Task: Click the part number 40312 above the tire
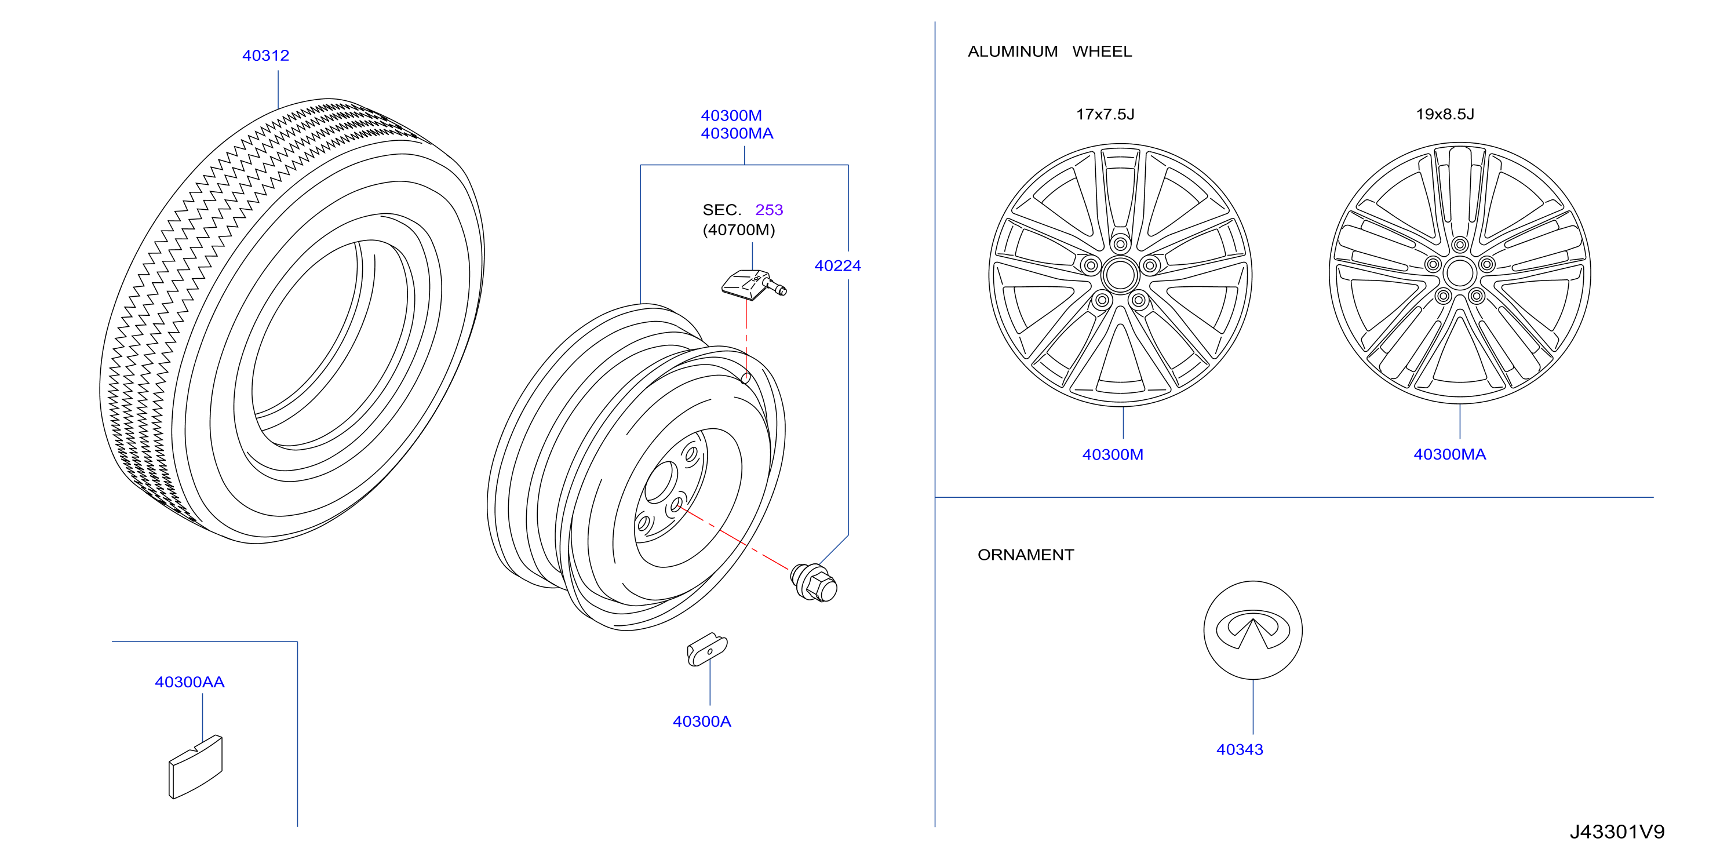point(265,56)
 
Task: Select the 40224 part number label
point(837,266)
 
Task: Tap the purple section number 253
point(769,210)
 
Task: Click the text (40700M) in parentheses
point(738,231)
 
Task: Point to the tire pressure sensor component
point(753,284)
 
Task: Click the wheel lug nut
point(814,582)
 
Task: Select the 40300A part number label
point(702,721)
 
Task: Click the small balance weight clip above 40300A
point(707,649)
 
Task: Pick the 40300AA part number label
point(190,683)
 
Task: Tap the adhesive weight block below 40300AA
point(195,767)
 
